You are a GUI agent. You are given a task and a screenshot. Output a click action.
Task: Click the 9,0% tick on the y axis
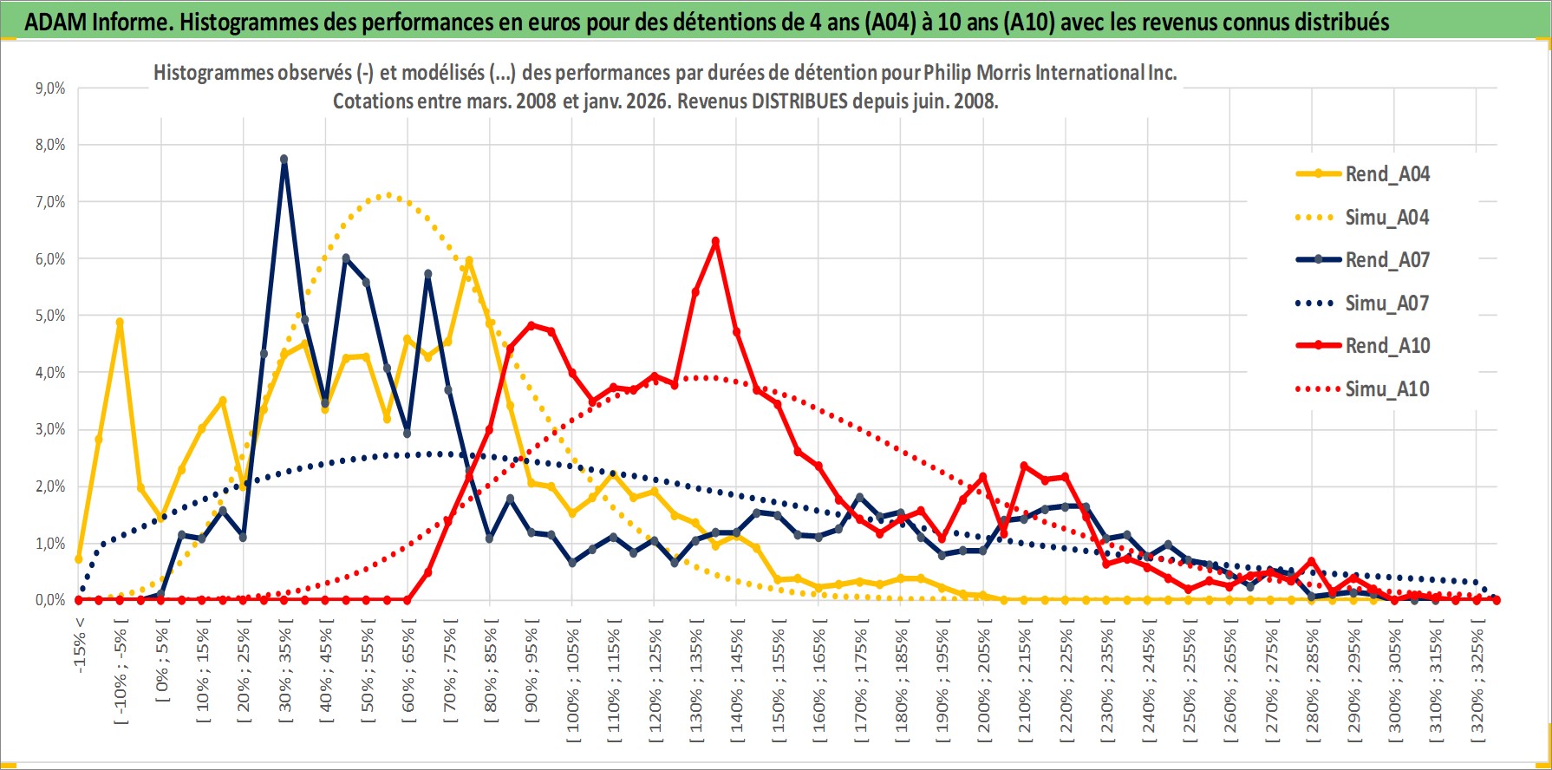pyautogui.click(x=50, y=88)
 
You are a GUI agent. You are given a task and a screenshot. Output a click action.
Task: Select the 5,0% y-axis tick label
pyautogui.click(x=50, y=316)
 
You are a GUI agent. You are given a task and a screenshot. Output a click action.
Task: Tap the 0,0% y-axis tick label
pyautogui.click(x=50, y=600)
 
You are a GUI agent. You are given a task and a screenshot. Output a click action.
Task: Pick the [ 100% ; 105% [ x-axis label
pyautogui.click(x=573, y=681)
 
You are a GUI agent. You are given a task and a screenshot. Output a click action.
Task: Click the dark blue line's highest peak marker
pyautogui.click(x=284, y=160)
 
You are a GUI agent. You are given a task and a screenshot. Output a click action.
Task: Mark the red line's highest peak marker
pyautogui.click(x=715, y=241)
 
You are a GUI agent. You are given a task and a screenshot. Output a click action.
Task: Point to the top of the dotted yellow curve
pyautogui.click(x=388, y=195)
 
